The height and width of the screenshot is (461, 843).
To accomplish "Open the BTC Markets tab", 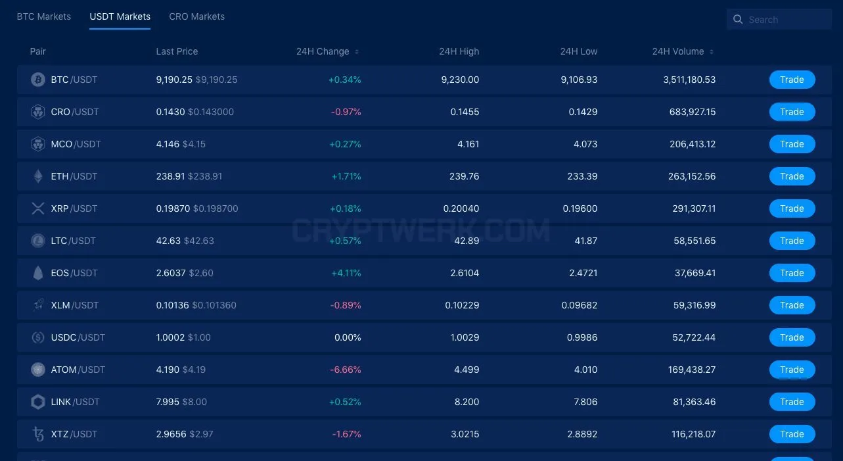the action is click(43, 16).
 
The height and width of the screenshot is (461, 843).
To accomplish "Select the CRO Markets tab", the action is click(196, 16).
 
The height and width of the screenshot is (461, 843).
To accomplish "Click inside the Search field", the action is click(779, 19).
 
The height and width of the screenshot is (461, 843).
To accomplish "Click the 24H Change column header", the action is click(323, 51).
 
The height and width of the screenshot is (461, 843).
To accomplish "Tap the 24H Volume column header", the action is click(678, 51).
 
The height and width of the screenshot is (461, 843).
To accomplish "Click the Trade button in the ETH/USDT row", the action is click(792, 176).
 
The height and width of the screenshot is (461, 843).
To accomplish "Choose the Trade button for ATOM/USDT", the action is click(792, 370).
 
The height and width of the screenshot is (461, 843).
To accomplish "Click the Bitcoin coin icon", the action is click(37, 80).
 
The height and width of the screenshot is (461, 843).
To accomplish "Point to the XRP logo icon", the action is click(37, 208).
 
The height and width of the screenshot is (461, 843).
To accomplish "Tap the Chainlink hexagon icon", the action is click(37, 402).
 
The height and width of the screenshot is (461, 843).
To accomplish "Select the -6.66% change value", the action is click(346, 370).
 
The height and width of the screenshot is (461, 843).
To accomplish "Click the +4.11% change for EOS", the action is click(346, 273).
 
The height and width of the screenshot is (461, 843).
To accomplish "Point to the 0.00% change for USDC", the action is click(348, 337).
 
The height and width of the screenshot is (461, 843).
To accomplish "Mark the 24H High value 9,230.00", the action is click(460, 80).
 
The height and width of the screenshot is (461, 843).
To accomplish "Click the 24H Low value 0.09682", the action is click(579, 305).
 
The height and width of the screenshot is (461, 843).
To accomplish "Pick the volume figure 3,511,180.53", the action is click(689, 80).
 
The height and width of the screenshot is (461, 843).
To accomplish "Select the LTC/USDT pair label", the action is click(74, 241).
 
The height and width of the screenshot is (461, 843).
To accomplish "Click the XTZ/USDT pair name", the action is click(74, 434).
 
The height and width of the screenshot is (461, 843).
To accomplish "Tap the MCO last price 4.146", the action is click(168, 144).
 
